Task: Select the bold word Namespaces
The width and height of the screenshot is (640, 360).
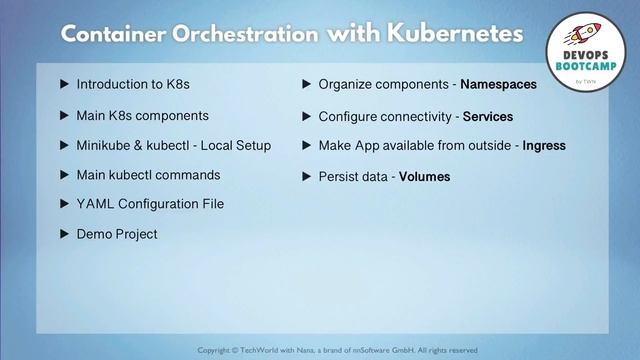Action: [498, 85]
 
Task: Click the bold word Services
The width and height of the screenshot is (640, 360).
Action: [488, 116]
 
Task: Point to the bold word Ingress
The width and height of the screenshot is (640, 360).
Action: [545, 146]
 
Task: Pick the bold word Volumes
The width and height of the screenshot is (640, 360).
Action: [425, 177]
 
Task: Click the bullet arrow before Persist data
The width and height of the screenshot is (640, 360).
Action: [308, 177]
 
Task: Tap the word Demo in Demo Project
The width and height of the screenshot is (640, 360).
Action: [94, 234]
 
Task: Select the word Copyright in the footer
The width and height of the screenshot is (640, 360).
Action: [219, 350]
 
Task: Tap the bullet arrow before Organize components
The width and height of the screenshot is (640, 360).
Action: [308, 85]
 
